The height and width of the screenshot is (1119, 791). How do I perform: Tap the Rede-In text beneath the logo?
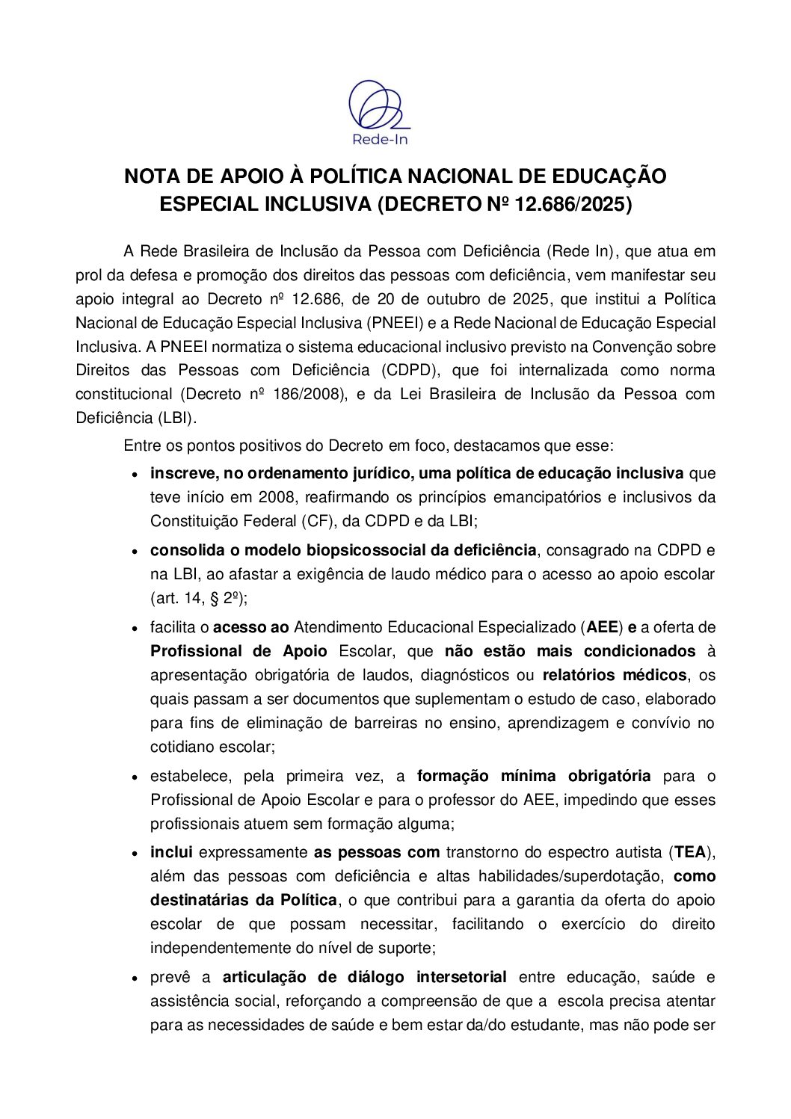coord(380,139)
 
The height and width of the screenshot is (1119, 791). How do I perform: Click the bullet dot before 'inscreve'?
coord(135,475)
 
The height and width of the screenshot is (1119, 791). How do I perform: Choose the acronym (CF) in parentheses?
coord(315,522)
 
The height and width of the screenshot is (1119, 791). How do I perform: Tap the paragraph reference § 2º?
coord(225,599)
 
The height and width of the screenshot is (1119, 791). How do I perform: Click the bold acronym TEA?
coord(689,852)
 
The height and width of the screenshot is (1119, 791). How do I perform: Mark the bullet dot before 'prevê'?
coord(135,978)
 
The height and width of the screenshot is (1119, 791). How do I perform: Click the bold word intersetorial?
coord(461,978)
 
